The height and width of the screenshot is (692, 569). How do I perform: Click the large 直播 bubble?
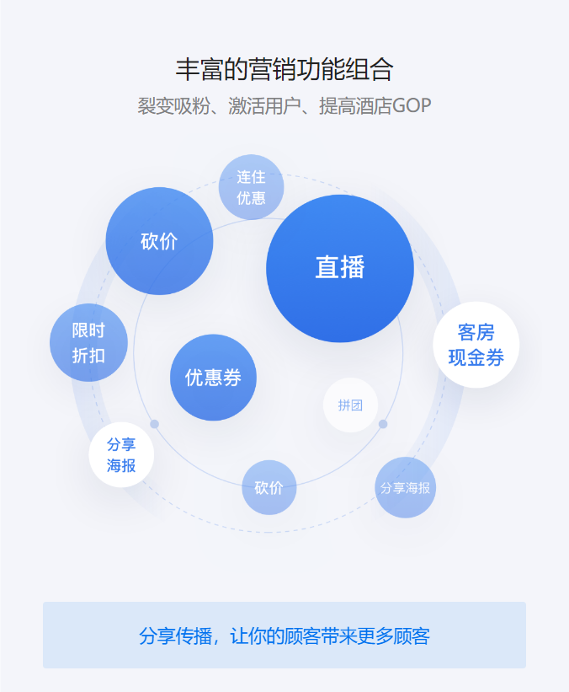coord(340,268)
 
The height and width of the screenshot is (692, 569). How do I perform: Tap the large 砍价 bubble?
coord(159,241)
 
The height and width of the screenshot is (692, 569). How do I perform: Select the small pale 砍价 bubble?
coord(269,487)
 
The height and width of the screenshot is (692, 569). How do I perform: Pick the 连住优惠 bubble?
coord(251,187)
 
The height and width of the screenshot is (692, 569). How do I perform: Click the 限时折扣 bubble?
coord(88,343)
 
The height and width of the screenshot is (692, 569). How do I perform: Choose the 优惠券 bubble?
coord(213,378)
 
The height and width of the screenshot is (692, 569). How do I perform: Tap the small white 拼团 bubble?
coord(350,405)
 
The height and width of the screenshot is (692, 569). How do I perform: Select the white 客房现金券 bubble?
coord(476,345)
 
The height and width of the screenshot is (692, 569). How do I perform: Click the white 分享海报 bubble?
coord(121,454)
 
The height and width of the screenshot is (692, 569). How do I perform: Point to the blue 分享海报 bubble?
coord(406,487)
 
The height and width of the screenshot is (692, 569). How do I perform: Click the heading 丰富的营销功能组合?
coord(284,69)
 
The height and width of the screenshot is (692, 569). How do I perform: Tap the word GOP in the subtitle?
coord(412,106)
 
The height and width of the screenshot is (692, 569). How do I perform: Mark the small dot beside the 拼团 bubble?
coord(383,424)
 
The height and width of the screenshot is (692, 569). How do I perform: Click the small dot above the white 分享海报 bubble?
coord(154,424)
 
